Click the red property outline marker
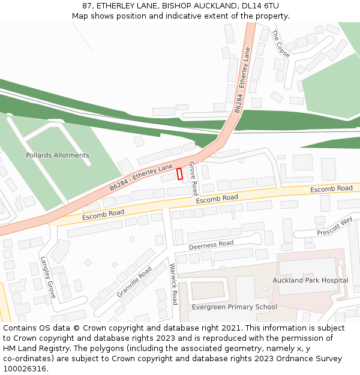pos(179,173)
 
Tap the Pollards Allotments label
pos(58,155)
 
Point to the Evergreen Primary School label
pos(234,307)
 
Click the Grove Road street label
pos(193,178)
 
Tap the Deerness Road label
pos(211,245)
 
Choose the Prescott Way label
pos(335,227)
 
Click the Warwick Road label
pos(173,284)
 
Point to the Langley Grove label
pos(48,278)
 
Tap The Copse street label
pos(280,44)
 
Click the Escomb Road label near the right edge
pos(331,189)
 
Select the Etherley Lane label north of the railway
pos(243,81)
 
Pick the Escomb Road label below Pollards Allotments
pos(103,214)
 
